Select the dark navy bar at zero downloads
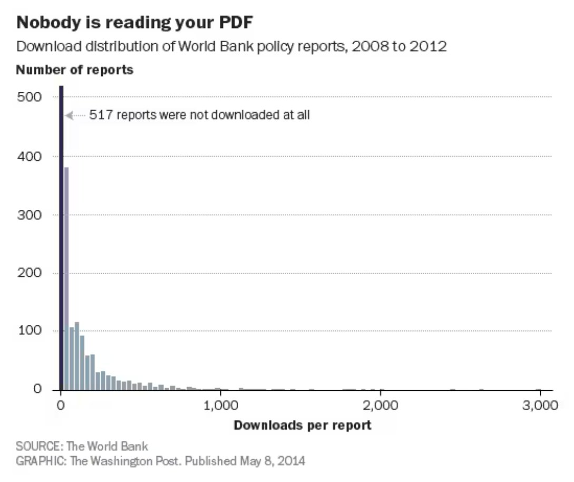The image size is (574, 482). click(x=61, y=237)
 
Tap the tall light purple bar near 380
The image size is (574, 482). click(x=66, y=279)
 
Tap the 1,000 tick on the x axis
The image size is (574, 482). click(x=221, y=406)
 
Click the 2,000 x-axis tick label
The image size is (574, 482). click(x=380, y=406)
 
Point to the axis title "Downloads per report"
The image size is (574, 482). click(x=302, y=425)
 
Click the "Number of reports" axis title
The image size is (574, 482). click(x=75, y=70)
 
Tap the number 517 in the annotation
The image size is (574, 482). click(x=101, y=115)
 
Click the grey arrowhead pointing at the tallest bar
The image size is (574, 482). click(x=67, y=115)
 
